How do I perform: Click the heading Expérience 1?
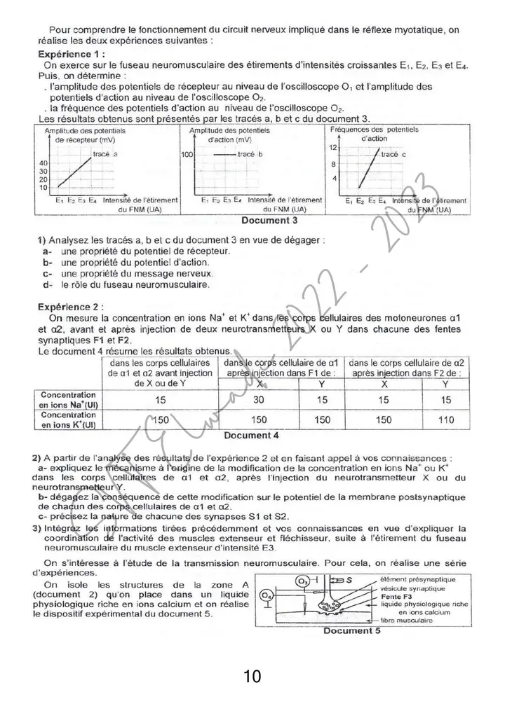(x=72, y=54)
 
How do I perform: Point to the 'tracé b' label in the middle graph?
(x=250, y=153)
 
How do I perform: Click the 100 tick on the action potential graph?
(x=187, y=153)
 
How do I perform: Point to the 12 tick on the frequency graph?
(x=334, y=148)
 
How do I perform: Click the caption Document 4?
(x=251, y=435)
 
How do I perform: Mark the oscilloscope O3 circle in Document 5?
(x=302, y=581)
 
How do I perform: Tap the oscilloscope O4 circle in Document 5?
(x=264, y=595)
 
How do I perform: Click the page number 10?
(x=252, y=677)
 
